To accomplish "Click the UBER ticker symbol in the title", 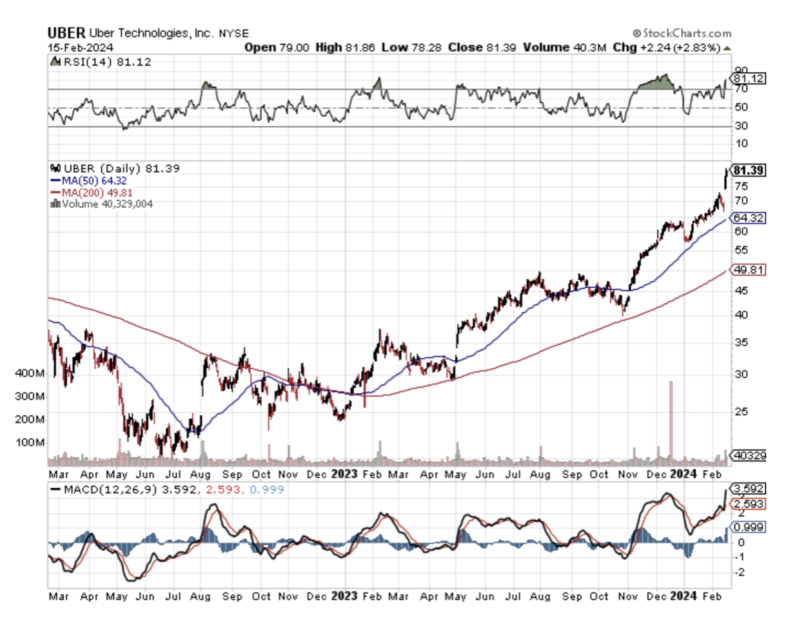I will tap(66, 33).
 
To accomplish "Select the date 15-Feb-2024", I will tap(81, 48).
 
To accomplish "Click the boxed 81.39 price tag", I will tap(749, 170).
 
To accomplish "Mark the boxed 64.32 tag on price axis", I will tap(749, 218).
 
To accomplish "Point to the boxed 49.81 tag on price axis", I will tap(749, 270).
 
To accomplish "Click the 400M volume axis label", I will tap(30, 373).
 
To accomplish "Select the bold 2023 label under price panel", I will tap(344, 474).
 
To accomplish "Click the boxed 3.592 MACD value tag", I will tap(749, 488).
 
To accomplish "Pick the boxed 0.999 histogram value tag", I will tap(749, 527).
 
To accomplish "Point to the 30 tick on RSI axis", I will tap(742, 126).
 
